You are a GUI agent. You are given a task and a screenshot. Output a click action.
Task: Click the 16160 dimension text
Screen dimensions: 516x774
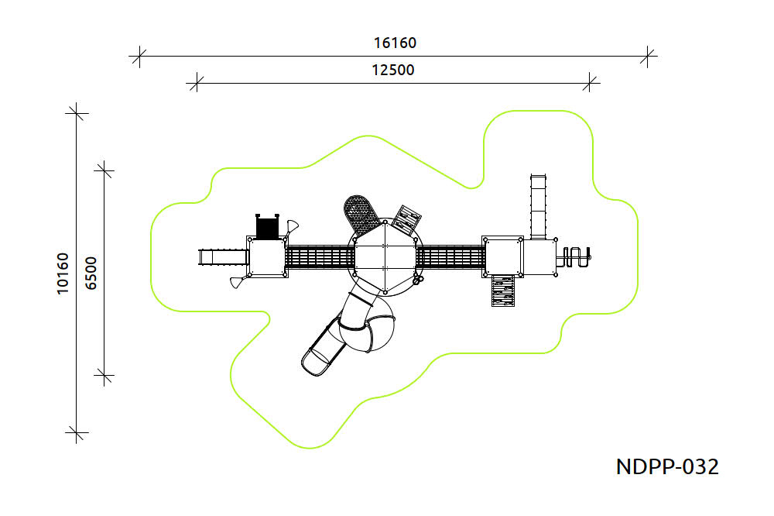click(x=393, y=43)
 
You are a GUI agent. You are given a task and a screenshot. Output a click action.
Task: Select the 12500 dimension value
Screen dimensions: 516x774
click(x=393, y=70)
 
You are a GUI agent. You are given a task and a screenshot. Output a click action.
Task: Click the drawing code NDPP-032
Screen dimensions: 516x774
click(x=667, y=466)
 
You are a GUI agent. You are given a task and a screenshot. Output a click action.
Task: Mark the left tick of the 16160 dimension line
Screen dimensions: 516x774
click(x=139, y=56)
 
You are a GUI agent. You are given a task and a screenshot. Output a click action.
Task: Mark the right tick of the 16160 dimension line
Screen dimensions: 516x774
click(x=649, y=56)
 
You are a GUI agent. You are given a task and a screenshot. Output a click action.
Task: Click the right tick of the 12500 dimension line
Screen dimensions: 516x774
click(x=591, y=81)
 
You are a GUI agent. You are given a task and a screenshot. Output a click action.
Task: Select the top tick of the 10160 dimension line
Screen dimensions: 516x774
click(x=76, y=112)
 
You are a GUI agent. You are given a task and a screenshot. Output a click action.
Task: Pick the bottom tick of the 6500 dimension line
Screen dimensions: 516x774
click(x=104, y=377)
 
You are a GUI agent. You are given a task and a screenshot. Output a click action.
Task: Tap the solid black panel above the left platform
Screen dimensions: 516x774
click(x=267, y=227)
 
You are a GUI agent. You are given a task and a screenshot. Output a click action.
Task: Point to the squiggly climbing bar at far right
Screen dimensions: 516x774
click(x=577, y=256)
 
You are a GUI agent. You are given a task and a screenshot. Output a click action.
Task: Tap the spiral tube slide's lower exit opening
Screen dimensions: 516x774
click(x=316, y=361)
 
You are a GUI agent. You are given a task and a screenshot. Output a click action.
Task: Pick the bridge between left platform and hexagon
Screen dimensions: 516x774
click(x=320, y=257)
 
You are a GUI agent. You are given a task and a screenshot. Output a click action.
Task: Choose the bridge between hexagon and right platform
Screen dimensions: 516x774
click(x=450, y=257)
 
